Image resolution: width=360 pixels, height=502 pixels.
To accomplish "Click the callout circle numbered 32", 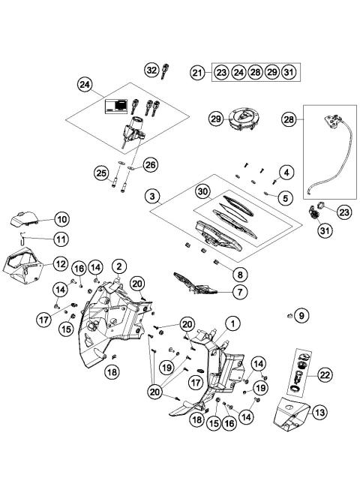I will coord(151,70).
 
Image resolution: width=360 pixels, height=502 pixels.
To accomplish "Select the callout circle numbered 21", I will coord(197,73).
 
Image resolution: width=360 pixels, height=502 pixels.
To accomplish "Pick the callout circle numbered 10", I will coord(61,219).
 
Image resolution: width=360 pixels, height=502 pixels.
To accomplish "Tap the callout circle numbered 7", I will coord(240,290).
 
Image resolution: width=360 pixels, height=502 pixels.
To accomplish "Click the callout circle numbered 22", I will coord(325,373).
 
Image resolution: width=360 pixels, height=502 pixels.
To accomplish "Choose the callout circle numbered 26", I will coord(151,164).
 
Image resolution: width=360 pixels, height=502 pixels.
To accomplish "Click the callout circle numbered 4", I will coord(287,174).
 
